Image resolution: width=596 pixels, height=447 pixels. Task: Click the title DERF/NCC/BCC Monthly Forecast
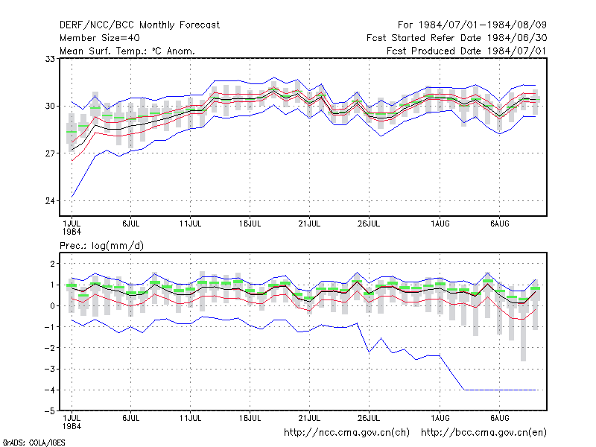pos(139,25)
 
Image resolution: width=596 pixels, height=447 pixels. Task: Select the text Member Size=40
pos(100,38)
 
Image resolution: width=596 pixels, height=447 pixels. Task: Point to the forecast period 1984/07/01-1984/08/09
pos(483,25)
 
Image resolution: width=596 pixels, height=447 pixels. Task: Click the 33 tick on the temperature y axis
pos(50,59)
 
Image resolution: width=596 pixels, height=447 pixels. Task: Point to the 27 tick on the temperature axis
pos(50,153)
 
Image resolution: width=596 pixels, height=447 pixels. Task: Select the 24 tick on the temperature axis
pos(50,200)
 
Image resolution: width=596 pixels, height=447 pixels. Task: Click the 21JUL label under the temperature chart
pos(309,224)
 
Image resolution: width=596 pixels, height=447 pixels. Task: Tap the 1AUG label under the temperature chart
pos(440,224)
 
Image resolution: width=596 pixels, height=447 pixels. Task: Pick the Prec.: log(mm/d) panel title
pos(101,246)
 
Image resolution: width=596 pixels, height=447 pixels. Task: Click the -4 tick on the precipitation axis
pos(49,390)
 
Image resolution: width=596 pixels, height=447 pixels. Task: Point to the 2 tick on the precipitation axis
pos(52,264)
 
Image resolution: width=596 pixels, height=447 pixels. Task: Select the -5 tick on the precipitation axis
pos(49,411)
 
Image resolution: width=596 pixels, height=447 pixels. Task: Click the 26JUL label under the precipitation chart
pos(369,418)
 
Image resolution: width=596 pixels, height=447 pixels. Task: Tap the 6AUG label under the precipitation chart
pos(499,418)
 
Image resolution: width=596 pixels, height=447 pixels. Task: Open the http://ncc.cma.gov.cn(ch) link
pos(346,433)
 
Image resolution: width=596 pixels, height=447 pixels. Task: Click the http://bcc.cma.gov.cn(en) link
pos(484,433)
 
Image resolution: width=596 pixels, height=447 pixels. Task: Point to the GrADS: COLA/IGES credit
pos(34,443)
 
